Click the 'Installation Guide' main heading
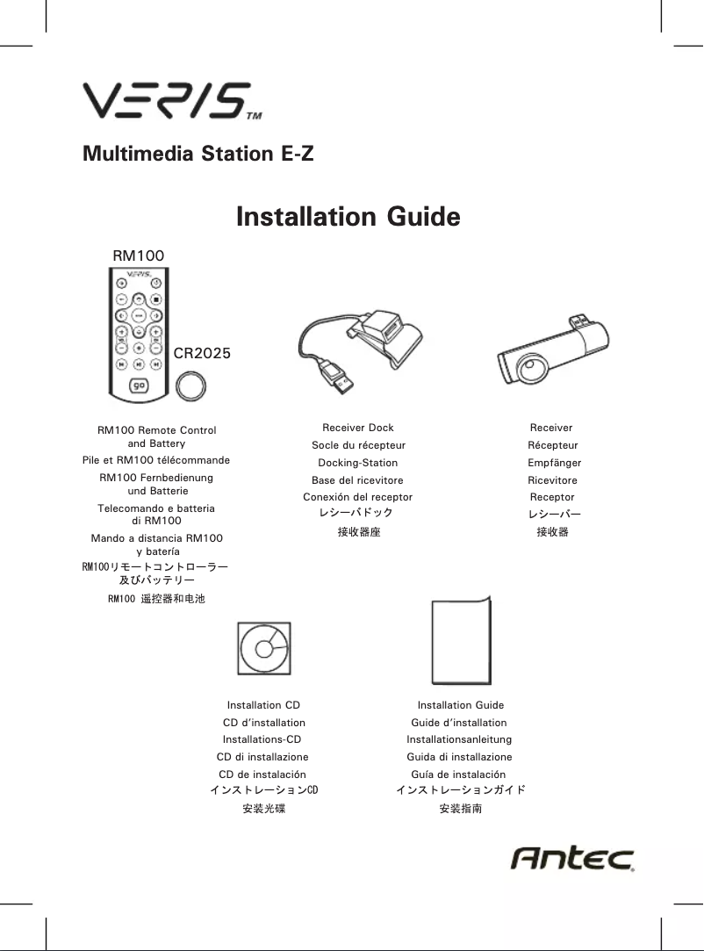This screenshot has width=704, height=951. (x=348, y=216)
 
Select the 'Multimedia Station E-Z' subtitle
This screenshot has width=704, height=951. (x=198, y=155)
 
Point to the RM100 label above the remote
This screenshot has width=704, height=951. (x=139, y=255)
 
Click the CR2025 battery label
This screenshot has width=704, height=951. (x=202, y=354)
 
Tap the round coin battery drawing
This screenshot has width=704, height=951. (x=190, y=385)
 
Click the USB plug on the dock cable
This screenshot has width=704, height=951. (x=340, y=378)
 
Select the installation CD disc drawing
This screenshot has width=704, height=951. (x=263, y=649)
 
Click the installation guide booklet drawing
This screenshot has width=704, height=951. (x=461, y=642)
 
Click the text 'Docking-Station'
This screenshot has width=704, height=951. (x=357, y=463)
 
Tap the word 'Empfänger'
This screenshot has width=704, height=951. (x=554, y=463)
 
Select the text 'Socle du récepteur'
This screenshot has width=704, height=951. (x=357, y=445)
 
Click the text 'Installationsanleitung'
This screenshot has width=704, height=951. (x=459, y=739)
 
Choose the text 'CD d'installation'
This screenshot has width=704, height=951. (x=263, y=723)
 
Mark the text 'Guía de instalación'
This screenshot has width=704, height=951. (x=458, y=774)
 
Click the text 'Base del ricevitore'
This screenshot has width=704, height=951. (x=357, y=480)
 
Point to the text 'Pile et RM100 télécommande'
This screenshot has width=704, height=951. (x=156, y=460)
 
